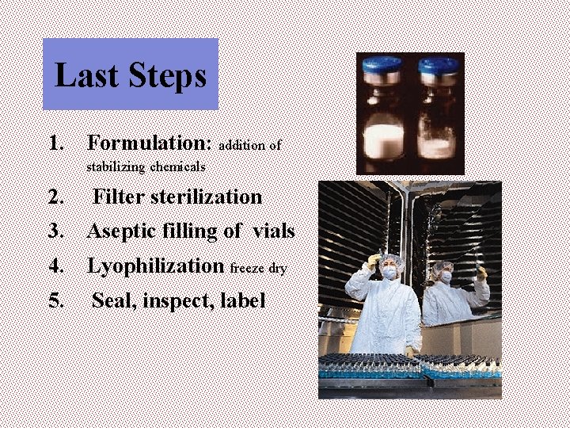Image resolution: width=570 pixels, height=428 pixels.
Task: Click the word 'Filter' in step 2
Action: coord(121,196)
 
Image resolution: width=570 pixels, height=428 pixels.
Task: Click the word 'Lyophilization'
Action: coord(155,266)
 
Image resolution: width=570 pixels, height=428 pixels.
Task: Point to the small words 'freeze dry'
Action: coord(258,269)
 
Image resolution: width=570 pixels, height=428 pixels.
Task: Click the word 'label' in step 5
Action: coord(245,300)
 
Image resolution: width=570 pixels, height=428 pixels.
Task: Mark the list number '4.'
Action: coord(56,266)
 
